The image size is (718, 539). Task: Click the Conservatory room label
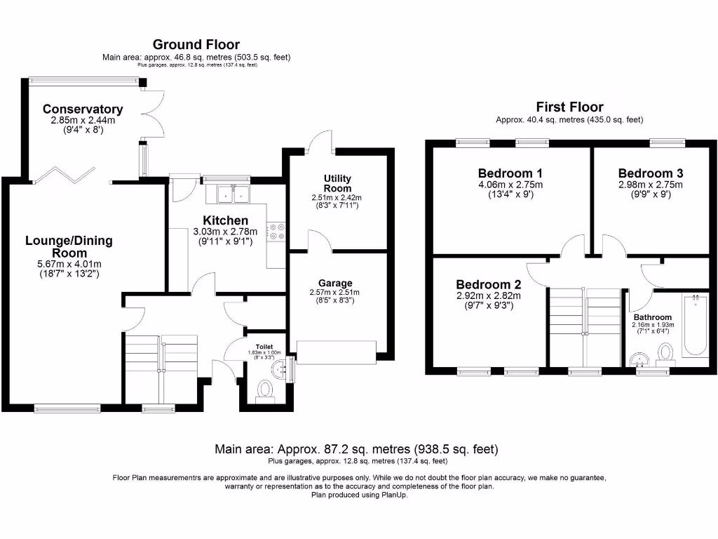point(83,109)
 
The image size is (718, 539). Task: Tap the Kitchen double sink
point(233,194)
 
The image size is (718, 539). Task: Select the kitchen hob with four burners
point(276,232)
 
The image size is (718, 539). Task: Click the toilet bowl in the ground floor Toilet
point(264,390)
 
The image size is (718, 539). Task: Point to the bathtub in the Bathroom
point(696,325)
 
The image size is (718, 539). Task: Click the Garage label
point(335,284)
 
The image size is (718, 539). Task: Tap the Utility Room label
point(337,183)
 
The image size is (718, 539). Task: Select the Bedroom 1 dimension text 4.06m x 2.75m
point(510,185)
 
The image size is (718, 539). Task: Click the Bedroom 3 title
point(650,173)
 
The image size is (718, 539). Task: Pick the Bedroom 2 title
point(489,285)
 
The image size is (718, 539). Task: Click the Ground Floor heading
point(196,44)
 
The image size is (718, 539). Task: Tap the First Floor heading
point(569,107)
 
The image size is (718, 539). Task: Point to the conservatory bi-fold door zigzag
point(65,175)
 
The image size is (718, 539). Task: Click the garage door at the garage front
point(337,352)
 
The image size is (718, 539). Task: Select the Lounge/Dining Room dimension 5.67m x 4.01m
point(69,264)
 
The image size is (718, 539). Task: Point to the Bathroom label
point(653,317)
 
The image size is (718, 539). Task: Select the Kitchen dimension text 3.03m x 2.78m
point(225,232)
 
